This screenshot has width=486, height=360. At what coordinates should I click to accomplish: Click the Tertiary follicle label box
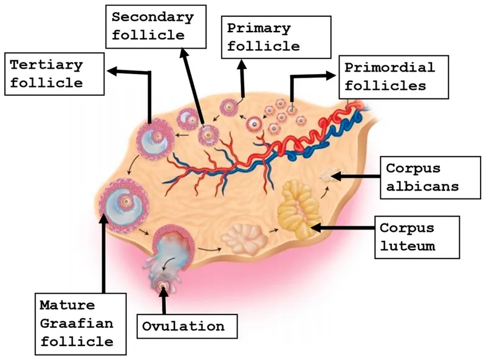coord(53,73)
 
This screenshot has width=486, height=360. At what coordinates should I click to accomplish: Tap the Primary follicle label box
coord(276,36)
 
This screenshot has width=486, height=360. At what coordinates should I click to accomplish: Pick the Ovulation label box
coord(183,326)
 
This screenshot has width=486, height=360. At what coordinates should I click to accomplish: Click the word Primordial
coord(394,67)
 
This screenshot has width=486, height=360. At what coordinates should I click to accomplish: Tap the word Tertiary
coord(47,64)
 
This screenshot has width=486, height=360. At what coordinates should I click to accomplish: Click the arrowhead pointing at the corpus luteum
coord(317,227)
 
